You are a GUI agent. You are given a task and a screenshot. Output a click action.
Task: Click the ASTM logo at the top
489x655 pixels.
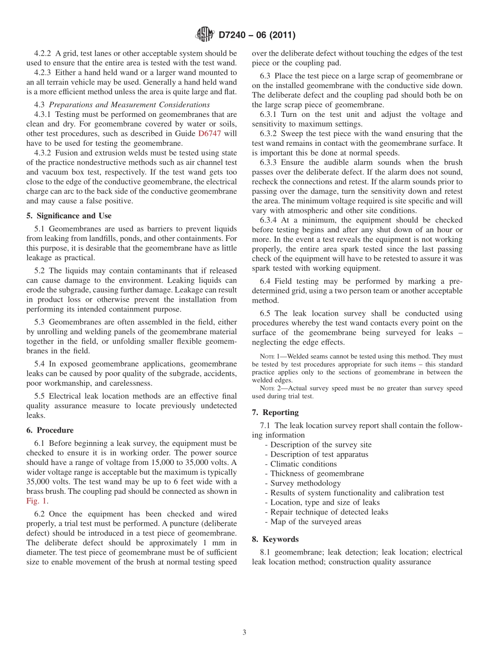pos(205,35)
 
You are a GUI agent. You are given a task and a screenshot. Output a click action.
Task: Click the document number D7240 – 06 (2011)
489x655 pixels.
pos(257,36)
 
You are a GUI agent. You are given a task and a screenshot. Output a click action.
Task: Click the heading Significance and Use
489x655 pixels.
pos(73,216)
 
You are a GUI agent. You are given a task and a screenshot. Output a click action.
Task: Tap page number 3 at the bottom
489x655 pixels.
pos(244,632)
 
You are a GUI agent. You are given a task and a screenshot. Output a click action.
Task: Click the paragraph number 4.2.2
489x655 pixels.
pos(43,54)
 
